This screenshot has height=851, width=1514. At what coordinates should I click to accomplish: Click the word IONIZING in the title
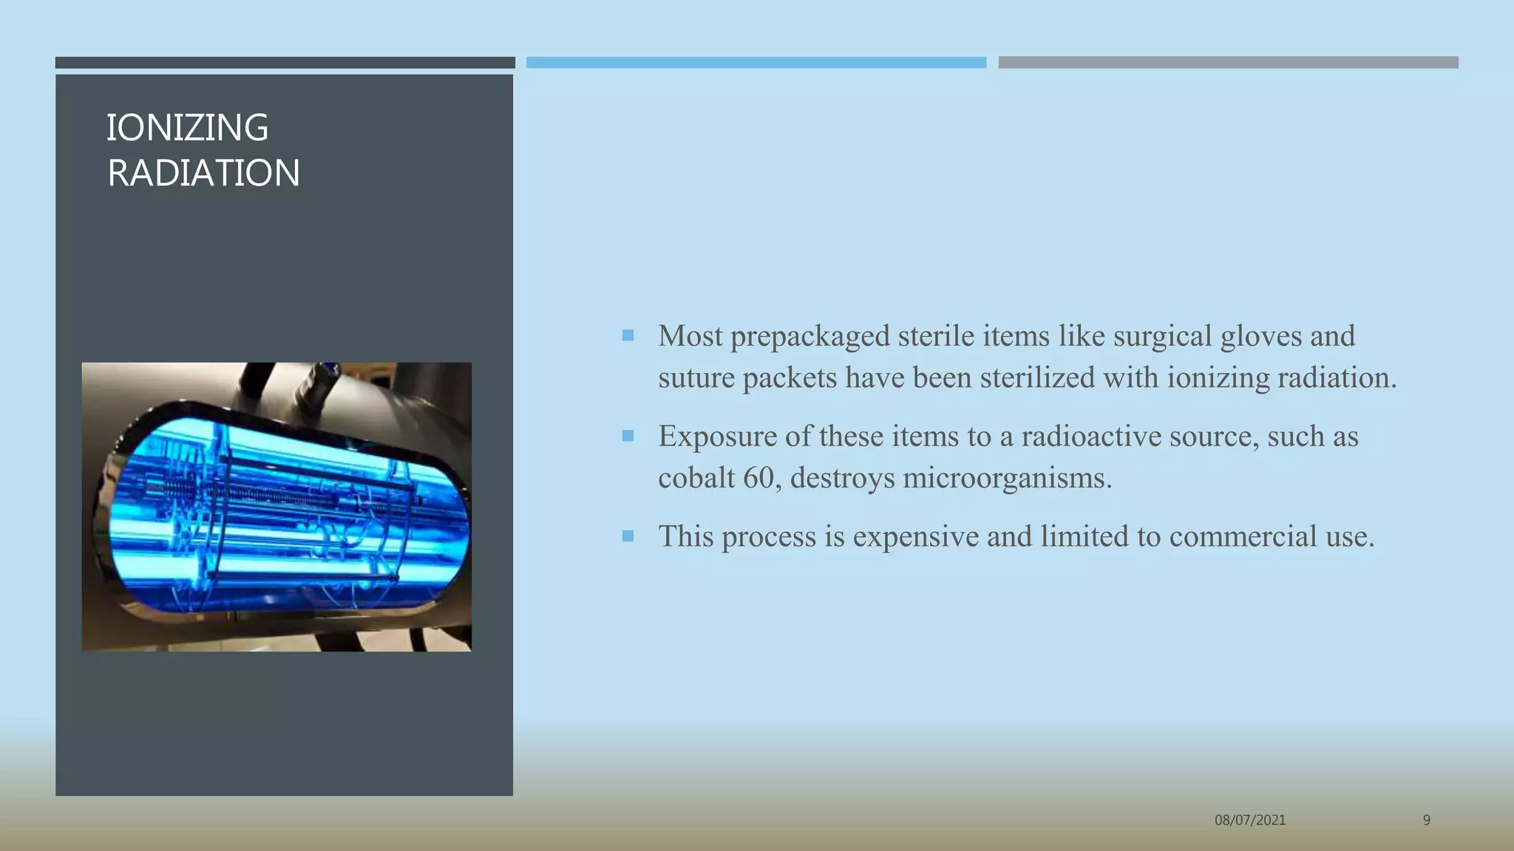[x=187, y=128]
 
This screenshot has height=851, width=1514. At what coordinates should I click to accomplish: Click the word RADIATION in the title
[x=203, y=174]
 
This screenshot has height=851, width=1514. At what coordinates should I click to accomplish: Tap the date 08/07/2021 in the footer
[x=1250, y=820]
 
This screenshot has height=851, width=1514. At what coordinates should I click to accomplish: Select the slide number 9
[x=1426, y=820]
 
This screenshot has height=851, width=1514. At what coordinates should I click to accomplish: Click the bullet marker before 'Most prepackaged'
[x=628, y=336]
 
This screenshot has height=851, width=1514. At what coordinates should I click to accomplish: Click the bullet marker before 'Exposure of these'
[x=628, y=436]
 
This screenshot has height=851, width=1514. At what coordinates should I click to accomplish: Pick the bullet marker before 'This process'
[x=628, y=536]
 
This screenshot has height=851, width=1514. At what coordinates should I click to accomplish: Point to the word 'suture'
[x=696, y=378]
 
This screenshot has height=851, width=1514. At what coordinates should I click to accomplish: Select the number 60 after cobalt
[x=758, y=478]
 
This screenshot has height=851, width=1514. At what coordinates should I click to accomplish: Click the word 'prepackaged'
[x=810, y=336]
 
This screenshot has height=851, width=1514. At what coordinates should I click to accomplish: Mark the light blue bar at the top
[x=756, y=63]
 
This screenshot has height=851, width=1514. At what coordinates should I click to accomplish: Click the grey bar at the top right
[x=1228, y=63]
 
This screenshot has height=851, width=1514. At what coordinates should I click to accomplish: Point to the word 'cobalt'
[x=696, y=478]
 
